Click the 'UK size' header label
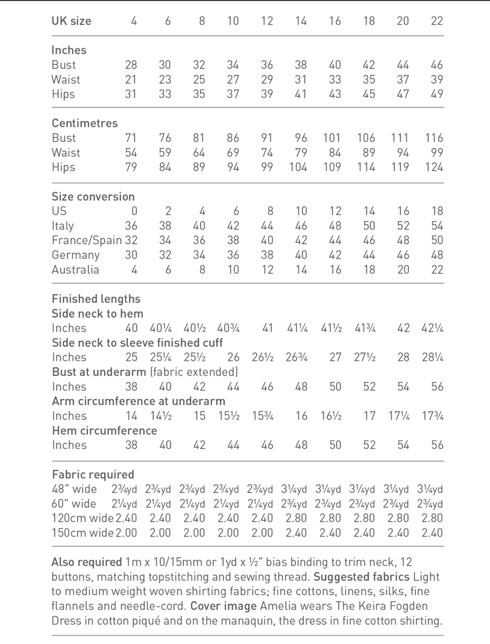click(x=71, y=21)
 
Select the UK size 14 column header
click(x=301, y=21)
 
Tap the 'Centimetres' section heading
click(x=85, y=123)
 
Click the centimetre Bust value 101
click(x=332, y=138)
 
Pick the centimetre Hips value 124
click(x=434, y=167)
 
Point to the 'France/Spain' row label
click(x=87, y=240)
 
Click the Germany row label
click(x=76, y=255)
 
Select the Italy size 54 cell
click(x=437, y=226)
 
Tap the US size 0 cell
click(x=134, y=211)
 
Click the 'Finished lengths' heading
click(x=96, y=299)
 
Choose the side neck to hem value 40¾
click(x=228, y=328)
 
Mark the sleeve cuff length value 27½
click(x=365, y=357)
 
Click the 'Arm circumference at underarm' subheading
click(x=138, y=401)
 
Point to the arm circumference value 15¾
click(x=263, y=416)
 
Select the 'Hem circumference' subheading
click(x=105, y=430)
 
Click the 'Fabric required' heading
click(x=93, y=475)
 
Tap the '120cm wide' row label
click(x=83, y=518)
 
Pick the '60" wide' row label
click(x=74, y=504)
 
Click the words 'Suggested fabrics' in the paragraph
click(x=361, y=577)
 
